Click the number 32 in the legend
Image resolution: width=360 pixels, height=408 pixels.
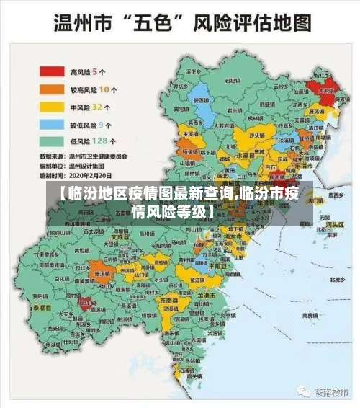[97, 107]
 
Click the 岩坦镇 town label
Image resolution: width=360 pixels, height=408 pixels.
[230, 81]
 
